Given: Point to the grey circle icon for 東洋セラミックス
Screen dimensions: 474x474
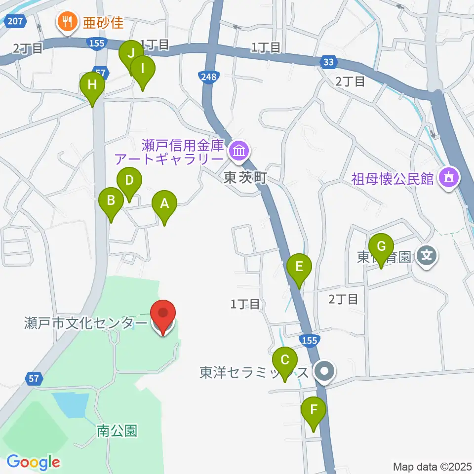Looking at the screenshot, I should (x=325, y=371).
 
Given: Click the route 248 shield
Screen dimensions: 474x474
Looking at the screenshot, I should (x=208, y=77).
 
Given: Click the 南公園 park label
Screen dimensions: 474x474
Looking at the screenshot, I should (x=117, y=431).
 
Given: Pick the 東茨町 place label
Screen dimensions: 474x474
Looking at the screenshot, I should (x=245, y=178).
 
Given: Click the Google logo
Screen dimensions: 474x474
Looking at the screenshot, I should (x=33, y=463).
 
